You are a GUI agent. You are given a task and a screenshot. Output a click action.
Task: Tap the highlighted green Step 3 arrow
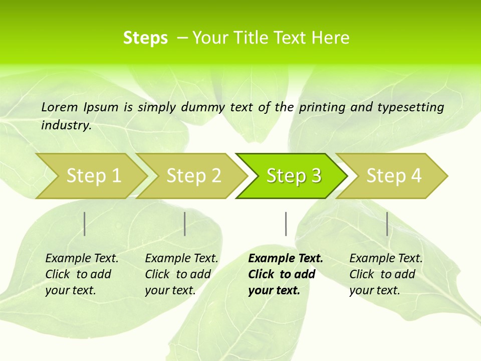coord(294,176)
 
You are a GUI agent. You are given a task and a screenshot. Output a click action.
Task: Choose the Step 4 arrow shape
coord(394,176)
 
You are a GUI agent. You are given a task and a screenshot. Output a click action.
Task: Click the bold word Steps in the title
coord(145,38)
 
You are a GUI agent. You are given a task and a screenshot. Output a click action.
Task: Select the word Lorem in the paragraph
coord(60,107)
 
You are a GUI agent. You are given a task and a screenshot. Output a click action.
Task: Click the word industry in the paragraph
coord(66,125)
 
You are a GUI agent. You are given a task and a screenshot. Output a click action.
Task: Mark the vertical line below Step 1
coord(85,224)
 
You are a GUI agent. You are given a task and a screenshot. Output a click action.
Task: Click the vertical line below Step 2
coord(185,224)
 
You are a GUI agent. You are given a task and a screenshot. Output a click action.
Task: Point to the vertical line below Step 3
coord(286,224)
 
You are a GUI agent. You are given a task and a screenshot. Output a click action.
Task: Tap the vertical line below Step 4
coord(387,224)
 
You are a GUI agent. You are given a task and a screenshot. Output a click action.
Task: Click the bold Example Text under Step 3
coord(286,258)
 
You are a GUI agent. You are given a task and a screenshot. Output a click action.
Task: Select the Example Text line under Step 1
coord(82,258)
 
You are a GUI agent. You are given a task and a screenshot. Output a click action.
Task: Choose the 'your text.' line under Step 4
coord(374,290)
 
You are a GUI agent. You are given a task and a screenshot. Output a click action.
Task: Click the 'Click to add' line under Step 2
coord(178,274)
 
